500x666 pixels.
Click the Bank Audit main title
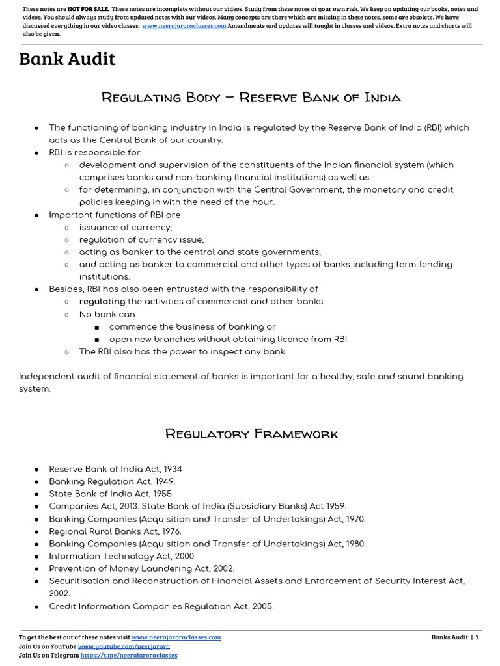[67, 59]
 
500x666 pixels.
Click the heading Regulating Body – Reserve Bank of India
[251, 98]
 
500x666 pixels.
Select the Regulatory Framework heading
[251, 433]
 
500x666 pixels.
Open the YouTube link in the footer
[124, 647]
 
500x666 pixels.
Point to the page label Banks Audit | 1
[454, 637]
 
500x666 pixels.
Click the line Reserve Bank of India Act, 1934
[115, 469]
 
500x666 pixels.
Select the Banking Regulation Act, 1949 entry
[112, 481]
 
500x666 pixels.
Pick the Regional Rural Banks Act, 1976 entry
[115, 531]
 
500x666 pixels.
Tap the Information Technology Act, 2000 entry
[122, 556]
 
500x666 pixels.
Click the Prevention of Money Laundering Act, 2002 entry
[141, 568]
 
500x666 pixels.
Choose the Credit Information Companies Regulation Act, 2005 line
[161, 606]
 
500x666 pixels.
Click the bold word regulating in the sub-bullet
[102, 301]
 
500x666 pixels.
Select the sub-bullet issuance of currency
[126, 227]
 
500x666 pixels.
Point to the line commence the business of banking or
[192, 326]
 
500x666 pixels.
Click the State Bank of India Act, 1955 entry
[111, 494]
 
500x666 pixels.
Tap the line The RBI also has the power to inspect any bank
[183, 351]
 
